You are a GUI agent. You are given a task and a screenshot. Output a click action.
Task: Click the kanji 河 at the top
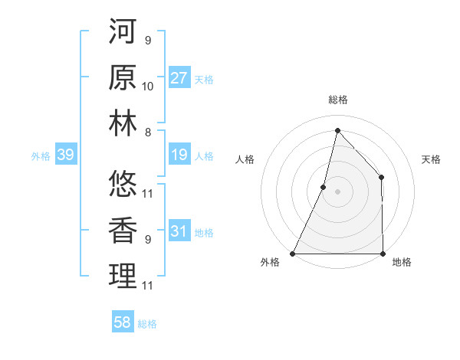[x=123, y=32]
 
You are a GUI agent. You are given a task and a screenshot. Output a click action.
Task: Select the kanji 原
[x=123, y=78]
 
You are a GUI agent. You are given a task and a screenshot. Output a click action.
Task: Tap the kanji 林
[x=123, y=123]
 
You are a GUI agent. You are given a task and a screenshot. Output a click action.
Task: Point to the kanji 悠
[x=123, y=185]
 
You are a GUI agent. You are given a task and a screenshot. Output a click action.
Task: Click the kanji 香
[x=123, y=231]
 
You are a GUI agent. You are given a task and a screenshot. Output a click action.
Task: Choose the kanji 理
[x=123, y=277]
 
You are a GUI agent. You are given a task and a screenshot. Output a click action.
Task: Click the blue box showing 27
[x=179, y=78]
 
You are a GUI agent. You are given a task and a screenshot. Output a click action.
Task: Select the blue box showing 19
[x=179, y=155]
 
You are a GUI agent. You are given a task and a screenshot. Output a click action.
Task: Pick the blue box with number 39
[x=65, y=155]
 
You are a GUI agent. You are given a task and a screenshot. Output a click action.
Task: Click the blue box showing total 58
[x=123, y=322]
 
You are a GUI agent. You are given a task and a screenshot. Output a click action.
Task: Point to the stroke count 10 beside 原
[x=148, y=86]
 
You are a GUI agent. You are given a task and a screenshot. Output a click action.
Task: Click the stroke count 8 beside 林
[x=147, y=132]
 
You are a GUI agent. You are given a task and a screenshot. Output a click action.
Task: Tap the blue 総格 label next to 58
[x=147, y=324]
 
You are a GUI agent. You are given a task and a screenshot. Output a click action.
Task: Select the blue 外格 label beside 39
[x=41, y=156]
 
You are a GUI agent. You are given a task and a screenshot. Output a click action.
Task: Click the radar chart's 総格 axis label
[x=337, y=100]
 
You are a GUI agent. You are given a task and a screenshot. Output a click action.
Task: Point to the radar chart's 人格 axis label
[x=245, y=159]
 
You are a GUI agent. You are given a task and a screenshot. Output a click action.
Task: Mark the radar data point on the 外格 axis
[x=292, y=254]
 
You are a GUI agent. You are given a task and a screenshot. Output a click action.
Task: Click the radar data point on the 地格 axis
[x=383, y=254]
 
